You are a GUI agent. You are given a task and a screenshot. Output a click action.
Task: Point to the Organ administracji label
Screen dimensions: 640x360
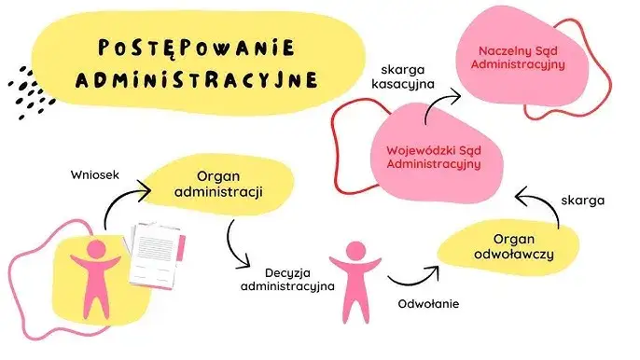click(229, 185)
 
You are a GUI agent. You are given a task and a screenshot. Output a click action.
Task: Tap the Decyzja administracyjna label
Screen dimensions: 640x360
click(287, 279)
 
